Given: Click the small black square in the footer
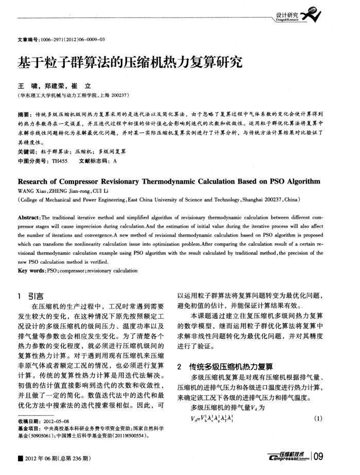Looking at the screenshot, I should [20, 458].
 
